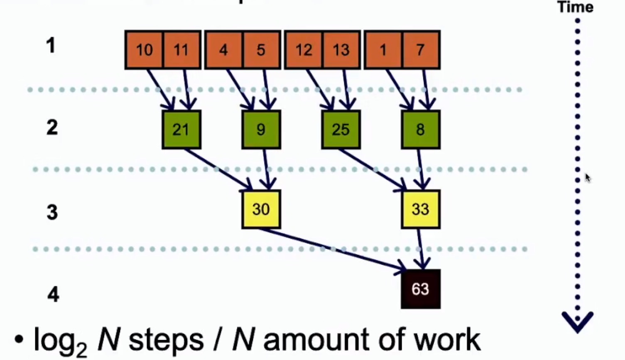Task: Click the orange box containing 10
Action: (x=144, y=50)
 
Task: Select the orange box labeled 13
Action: (x=341, y=50)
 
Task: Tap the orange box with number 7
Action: (x=420, y=50)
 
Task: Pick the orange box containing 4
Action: (x=223, y=50)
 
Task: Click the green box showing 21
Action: (x=181, y=130)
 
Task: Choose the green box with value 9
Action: (x=261, y=130)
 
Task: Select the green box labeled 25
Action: (x=341, y=130)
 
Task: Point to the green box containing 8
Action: (x=420, y=130)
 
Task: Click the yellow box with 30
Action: (x=261, y=209)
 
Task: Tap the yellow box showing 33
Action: (x=420, y=209)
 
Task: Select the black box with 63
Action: (x=420, y=289)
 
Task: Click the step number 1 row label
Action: (x=51, y=45)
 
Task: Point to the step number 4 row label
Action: (x=53, y=294)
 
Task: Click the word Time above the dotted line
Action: (x=575, y=7)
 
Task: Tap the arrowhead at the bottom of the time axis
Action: (x=577, y=322)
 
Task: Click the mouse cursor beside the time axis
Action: (x=588, y=178)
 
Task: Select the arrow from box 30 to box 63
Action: (x=332, y=249)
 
